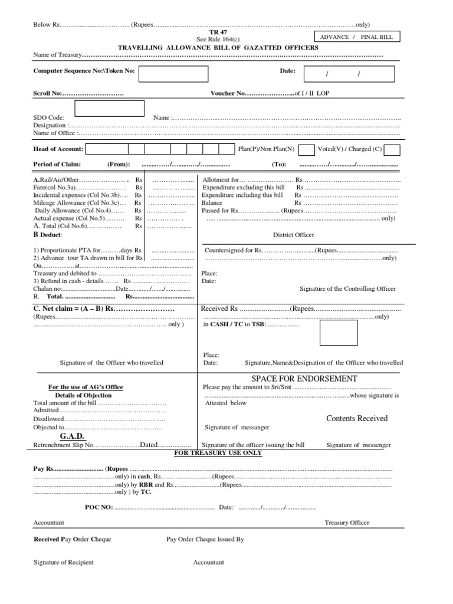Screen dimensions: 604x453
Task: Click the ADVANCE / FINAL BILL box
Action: [365, 37]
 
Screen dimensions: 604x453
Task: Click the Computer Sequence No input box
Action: [173, 74]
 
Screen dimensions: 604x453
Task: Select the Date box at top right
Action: [345, 74]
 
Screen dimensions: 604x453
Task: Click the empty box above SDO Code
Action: [109, 109]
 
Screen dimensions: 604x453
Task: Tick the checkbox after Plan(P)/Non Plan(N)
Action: [307, 149]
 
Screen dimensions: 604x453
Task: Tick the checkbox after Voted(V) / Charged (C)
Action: [393, 149]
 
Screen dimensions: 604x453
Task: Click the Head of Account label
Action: [58, 149]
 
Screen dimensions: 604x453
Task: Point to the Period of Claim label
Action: [57, 165]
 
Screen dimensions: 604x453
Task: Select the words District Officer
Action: [293, 235]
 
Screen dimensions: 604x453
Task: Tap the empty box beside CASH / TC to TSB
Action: [338, 333]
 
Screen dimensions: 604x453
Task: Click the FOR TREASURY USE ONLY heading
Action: [218, 453]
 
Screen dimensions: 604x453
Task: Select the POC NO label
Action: [99, 507]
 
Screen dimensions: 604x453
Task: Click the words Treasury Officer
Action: [347, 523]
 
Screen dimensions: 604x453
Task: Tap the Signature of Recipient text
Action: [64, 562]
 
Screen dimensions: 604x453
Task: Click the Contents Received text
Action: [357, 418]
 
